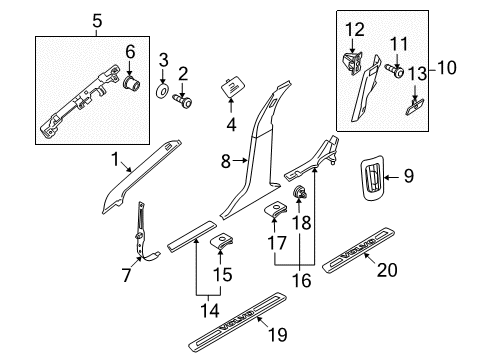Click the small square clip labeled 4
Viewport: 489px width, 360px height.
(235, 87)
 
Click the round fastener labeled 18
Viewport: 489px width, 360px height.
(298, 193)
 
